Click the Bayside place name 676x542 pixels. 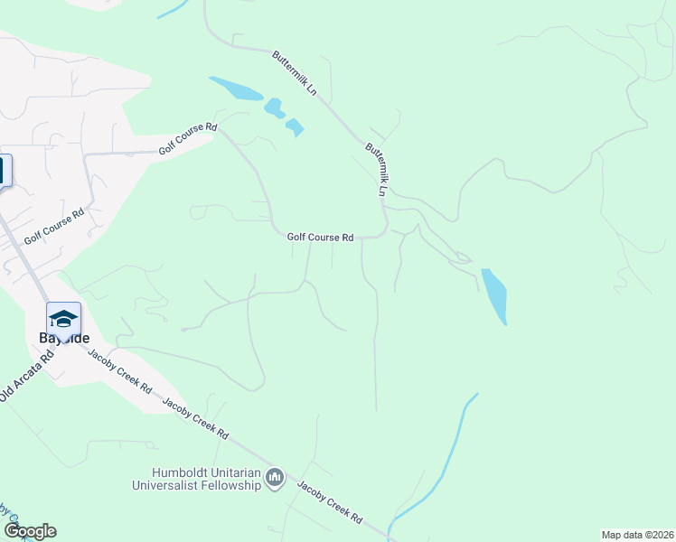(63, 338)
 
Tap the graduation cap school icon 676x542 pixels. (63, 319)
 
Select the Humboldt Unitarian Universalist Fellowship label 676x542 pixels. (208, 479)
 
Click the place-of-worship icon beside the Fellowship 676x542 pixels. (277, 476)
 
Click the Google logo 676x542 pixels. (30, 531)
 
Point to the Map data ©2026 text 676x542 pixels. (637, 535)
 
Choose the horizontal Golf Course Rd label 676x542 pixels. (320, 238)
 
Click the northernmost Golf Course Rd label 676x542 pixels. (188, 141)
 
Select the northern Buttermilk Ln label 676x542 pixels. (295, 73)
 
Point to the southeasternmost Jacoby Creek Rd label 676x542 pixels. (330, 502)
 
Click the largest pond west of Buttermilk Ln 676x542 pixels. (238, 89)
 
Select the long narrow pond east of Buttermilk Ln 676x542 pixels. (494, 295)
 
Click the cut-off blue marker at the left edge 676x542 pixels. (5, 170)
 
